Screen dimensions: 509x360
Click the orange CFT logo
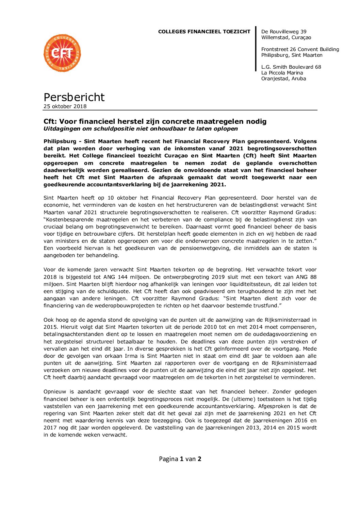point(62,53)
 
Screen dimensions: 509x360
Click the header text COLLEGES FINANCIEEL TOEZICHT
point(204,32)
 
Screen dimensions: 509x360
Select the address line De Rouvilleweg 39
point(284,32)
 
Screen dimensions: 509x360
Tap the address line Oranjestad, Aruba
point(283,79)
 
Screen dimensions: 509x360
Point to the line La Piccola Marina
point(282,73)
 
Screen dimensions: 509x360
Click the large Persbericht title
point(74,97)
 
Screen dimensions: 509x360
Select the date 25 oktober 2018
point(65,106)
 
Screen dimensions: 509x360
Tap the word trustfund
point(266,306)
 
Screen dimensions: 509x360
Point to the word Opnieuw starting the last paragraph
point(55,392)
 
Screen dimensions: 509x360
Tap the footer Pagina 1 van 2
point(180,459)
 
